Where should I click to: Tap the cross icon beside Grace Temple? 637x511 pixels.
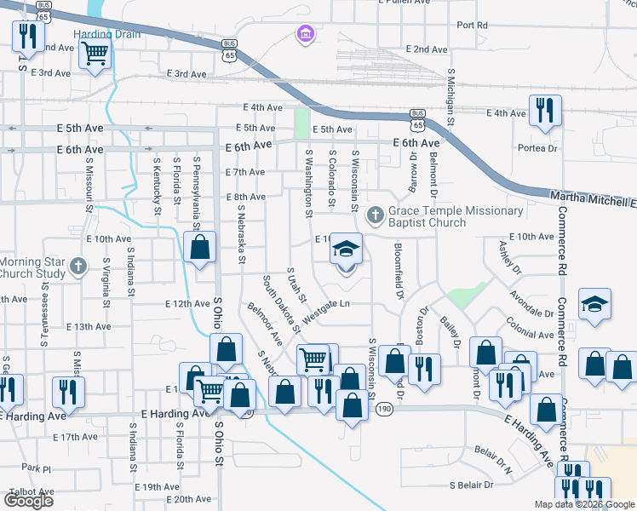click(x=375, y=215)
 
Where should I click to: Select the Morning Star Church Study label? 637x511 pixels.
click(x=34, y=267)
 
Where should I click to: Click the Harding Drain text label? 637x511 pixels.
click(x=100, y=35)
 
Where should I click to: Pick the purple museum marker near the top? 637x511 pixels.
click(x=304, y=35)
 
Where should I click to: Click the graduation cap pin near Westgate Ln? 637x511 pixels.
click(x=346, y=250)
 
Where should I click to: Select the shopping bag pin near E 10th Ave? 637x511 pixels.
click(x=199, y=249)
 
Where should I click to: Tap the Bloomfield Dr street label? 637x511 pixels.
click(x=399, y=270)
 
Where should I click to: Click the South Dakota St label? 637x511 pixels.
click(x=282, y=303)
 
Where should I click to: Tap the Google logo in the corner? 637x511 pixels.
click(x=29, y=501)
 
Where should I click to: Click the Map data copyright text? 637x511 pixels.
click(x=585, y=504)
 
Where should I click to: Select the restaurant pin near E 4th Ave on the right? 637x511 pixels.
click(x=543, y=111)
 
